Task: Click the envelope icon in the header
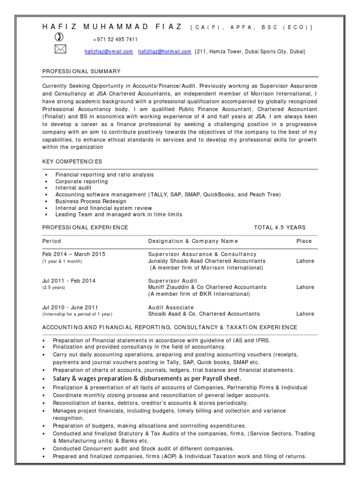(61, 50)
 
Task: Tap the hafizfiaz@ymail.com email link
(108, 52)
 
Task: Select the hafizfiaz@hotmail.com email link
(165, 52)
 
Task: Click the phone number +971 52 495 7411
(115, 39)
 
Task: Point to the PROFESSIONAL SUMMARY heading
(82, 72)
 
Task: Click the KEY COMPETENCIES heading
(72, 161)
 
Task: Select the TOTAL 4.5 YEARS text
(279, 227)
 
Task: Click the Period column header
(52, 241)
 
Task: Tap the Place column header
(304, 241)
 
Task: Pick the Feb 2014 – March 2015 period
(74, 254)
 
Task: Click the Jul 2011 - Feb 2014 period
(68, 280)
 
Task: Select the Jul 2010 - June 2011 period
(70, 307)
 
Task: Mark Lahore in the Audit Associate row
(305, 314)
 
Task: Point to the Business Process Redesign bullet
(91, 201)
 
